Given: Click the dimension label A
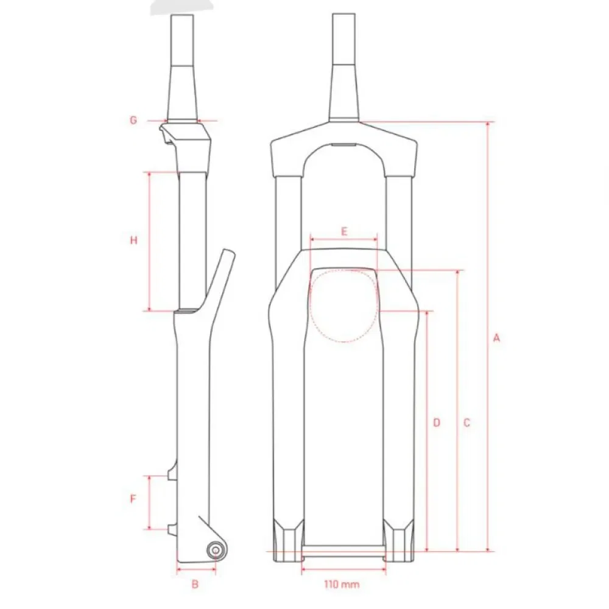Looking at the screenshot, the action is click(496, 338).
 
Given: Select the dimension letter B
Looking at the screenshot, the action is click(195, 584).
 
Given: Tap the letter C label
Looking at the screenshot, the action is click(467, 423).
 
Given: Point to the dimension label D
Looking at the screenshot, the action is click(437, 423).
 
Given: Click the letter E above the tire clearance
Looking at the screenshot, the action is click(344, 232).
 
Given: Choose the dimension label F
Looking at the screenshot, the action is click(133, 498).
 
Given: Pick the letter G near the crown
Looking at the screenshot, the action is click(133, 120).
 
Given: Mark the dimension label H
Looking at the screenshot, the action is click(133, 241).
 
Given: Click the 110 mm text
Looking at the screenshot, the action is click(342, 584).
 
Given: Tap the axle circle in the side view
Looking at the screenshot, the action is click(216, 551).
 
